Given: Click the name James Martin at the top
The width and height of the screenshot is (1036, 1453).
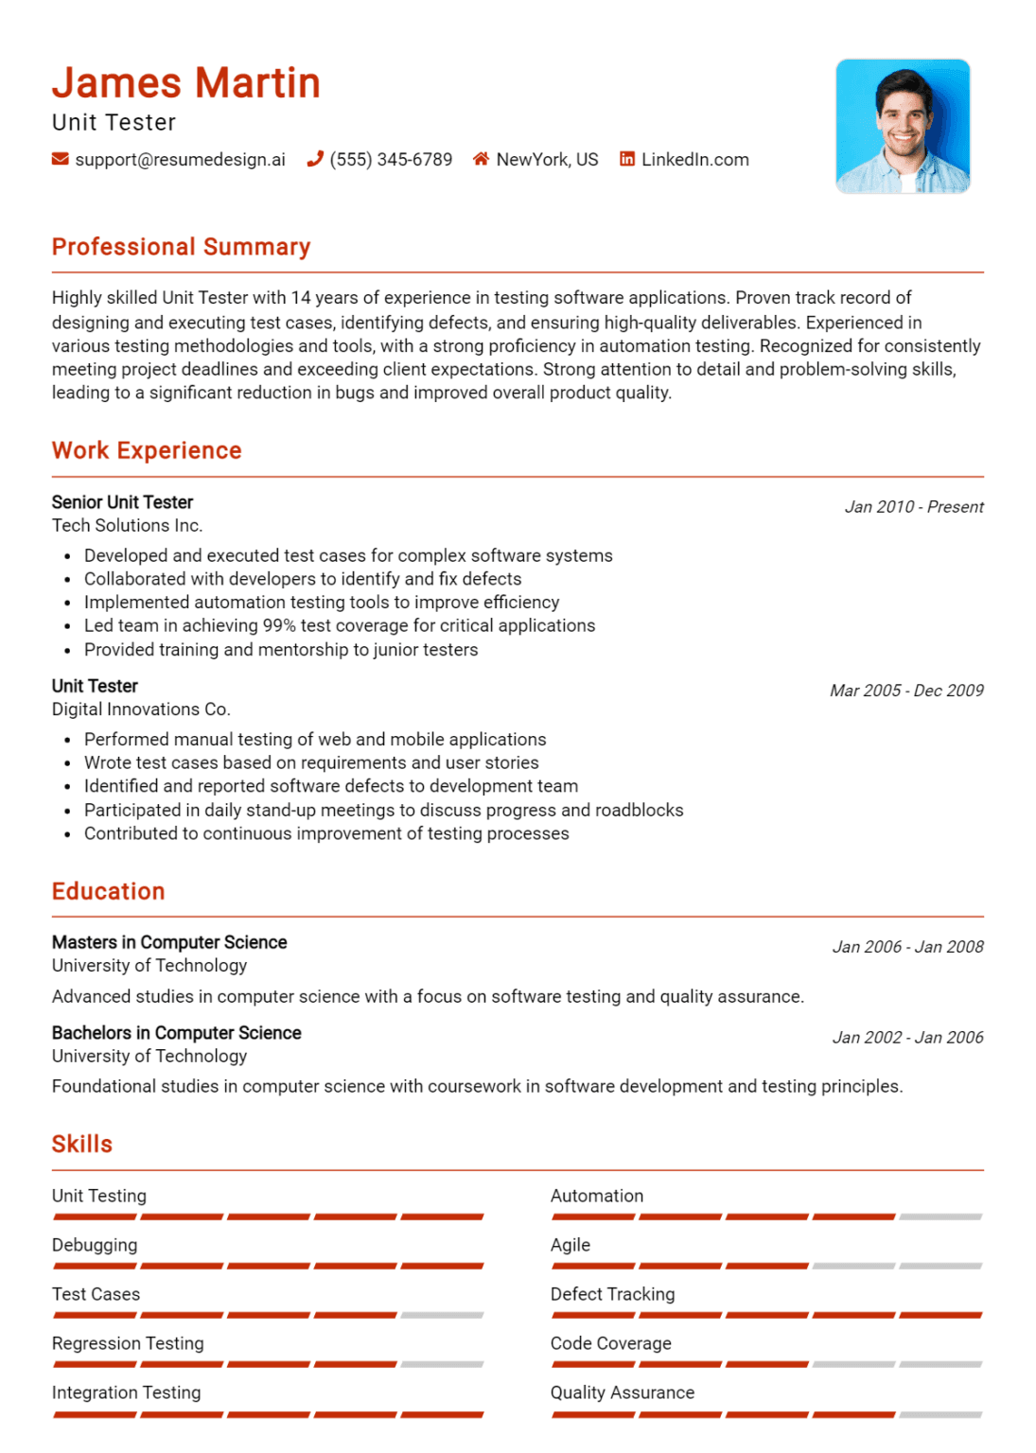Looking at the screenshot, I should click(185, 83).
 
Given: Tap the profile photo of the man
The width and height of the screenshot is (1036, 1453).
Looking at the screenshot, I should click(902, 126).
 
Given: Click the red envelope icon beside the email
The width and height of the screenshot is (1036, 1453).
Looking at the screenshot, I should click(61, 159).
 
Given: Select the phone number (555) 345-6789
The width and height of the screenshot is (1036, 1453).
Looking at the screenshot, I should click(391, 160).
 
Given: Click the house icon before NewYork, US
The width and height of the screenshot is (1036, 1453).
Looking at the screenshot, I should click(481, 159).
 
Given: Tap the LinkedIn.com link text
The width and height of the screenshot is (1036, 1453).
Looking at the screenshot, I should click(694, 160).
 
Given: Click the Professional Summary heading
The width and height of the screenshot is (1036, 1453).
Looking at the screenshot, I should click(181, 247).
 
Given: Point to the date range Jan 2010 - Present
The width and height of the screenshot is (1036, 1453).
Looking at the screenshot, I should click(913, 507).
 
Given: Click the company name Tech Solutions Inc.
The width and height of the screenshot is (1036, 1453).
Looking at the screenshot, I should click(127, 526).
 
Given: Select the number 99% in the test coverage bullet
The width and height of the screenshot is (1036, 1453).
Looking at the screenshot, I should click(279, 626).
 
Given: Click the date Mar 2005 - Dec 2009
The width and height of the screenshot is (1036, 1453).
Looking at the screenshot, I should click(905, 691).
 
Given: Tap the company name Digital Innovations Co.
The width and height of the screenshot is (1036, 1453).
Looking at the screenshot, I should click(141, 709).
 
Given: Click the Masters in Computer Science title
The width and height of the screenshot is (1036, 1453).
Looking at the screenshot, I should click(169, 942).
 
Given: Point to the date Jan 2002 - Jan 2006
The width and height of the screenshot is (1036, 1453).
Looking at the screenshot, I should click(907, 1038).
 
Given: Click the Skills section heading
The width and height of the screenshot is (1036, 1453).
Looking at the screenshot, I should click(82, 1145).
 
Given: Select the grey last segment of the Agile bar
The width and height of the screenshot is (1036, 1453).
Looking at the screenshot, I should click(940, 1266).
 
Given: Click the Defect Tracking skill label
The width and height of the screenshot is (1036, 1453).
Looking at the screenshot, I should click(612, 1294).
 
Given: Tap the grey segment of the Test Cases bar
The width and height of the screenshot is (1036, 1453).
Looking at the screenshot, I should click(442, 1315).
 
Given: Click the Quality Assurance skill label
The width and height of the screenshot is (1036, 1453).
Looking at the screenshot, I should click(622, 1392).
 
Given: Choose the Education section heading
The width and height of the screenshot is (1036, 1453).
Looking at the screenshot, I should click(109, 891).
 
